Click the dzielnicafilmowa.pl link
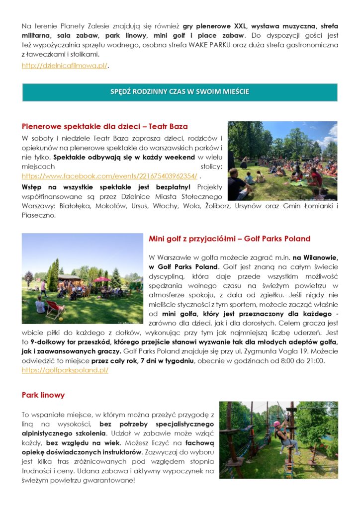tap(65, 66)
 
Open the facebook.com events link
tap(109, 176)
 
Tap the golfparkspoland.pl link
tap(65, 370)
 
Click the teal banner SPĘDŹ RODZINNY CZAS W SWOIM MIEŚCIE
tap(180, 92)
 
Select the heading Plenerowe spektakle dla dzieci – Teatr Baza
tap(105, 126)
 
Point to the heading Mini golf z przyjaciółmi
tap(229, 239)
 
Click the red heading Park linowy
tap(43, 395)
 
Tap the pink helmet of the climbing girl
tap(276, 424)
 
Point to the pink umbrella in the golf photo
tap(102, 279)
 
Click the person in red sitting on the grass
tap(315, 176)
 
